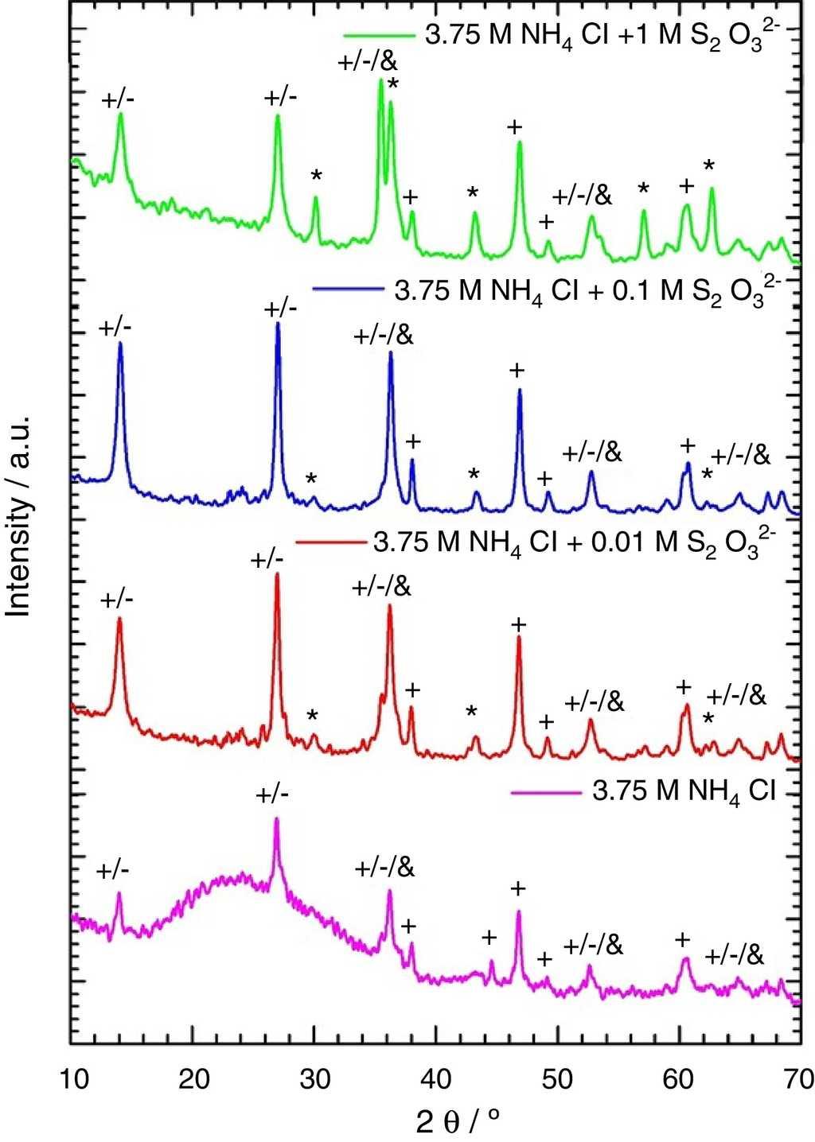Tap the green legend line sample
379,37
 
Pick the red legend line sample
328,543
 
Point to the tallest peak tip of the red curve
277,574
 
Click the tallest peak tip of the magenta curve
276,818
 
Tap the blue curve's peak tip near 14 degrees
120,343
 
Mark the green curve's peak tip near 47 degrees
520,142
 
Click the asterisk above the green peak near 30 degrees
316,177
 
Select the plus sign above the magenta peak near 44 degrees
489,938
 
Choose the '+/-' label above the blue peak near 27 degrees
280,308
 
